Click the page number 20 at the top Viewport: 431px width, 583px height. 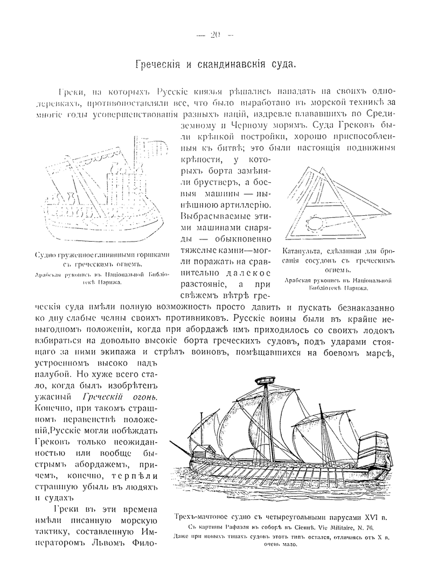215,36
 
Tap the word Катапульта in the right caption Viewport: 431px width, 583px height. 303,251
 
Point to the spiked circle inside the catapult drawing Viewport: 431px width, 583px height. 313,221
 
